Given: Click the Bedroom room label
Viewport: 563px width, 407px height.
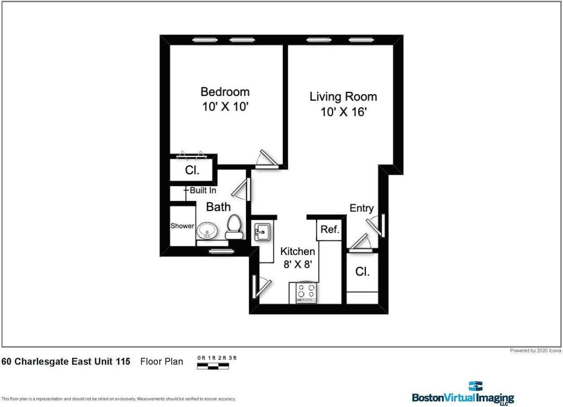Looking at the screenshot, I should click(225, 92).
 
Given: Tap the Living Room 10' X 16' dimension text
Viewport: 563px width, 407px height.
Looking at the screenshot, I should click(344, 112).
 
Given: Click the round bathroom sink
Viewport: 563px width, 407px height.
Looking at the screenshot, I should click(207, 230).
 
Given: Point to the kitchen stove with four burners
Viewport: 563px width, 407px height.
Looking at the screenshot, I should click(306, 292).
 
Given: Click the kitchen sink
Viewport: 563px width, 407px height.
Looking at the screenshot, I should click(262, 232).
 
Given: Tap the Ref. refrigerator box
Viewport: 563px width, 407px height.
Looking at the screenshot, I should click(329, 229).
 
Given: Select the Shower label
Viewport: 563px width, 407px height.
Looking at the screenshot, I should click(182, 226).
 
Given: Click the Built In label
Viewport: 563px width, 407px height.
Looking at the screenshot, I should click(203, 191).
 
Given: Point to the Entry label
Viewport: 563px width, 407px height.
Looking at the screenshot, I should click(362, 208).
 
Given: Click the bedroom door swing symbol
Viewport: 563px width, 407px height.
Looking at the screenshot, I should click(266, 158).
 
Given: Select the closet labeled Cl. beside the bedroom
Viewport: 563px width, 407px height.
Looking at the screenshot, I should click(192, 170).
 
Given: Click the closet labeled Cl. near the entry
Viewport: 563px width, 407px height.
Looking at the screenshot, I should click(362, 272).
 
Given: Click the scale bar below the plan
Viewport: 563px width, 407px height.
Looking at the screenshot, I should click(213, 366).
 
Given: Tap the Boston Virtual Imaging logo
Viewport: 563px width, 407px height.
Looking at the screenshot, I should click(463, 394).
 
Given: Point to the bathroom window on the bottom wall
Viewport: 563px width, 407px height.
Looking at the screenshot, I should click(218, 251).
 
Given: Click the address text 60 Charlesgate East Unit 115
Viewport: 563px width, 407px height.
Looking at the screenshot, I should click(66, 361).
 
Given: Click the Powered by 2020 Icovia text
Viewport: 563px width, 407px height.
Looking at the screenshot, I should click(535, 351).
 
